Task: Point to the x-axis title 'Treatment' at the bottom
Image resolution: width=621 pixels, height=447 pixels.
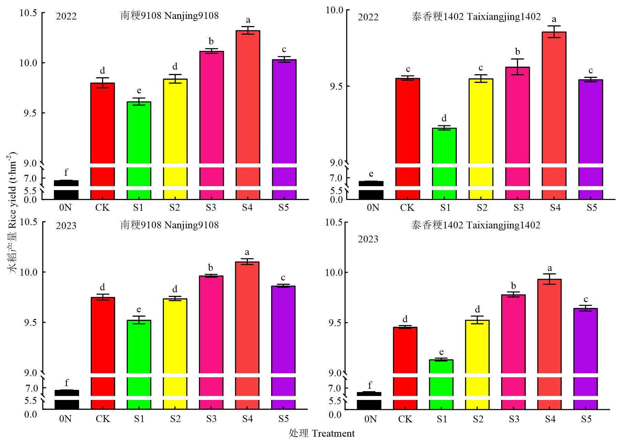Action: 333,434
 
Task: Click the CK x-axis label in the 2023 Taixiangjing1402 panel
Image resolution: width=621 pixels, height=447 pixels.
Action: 405,419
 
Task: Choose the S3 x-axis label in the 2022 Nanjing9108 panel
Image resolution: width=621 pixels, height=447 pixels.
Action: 211,208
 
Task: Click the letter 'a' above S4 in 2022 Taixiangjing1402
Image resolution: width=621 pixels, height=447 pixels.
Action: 554,19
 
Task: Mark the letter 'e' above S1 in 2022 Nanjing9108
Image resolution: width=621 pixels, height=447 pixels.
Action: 139,90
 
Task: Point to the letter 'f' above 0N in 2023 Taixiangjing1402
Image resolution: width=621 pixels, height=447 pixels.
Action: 370,385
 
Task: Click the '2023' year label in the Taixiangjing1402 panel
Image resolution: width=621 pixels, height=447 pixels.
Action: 368,239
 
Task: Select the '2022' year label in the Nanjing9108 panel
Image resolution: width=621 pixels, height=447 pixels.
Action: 66,16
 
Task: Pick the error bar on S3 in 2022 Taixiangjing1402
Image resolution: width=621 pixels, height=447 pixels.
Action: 518,67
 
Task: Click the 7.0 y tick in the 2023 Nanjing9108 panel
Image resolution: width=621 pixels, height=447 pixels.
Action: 32,388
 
